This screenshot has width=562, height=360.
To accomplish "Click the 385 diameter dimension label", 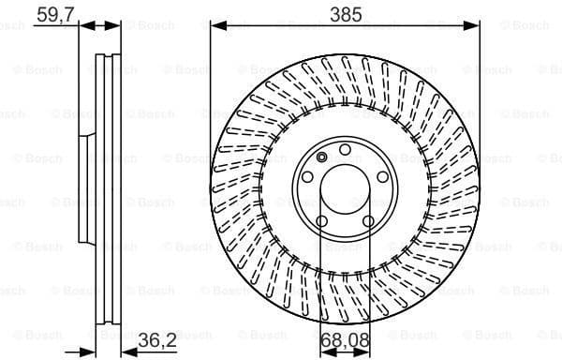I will point(345,14).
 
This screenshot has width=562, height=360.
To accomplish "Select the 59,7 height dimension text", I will point(54,14).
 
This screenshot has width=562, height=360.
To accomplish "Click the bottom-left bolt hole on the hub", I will point(322,220).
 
